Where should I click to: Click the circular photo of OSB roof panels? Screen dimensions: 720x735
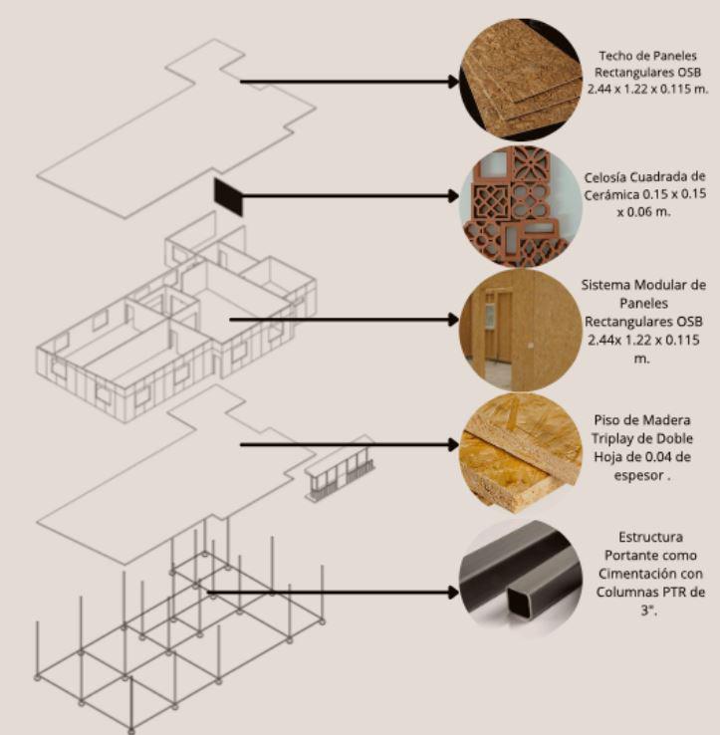[x=519, y=79]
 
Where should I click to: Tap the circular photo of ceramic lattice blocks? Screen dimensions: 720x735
[x=519, y=206]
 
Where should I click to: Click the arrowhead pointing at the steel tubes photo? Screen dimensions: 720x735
[x=454, y=593]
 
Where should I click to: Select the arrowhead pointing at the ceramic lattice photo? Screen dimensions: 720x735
[x=454, y=196]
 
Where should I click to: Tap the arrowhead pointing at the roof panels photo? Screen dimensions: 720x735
[x=454, y=82]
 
